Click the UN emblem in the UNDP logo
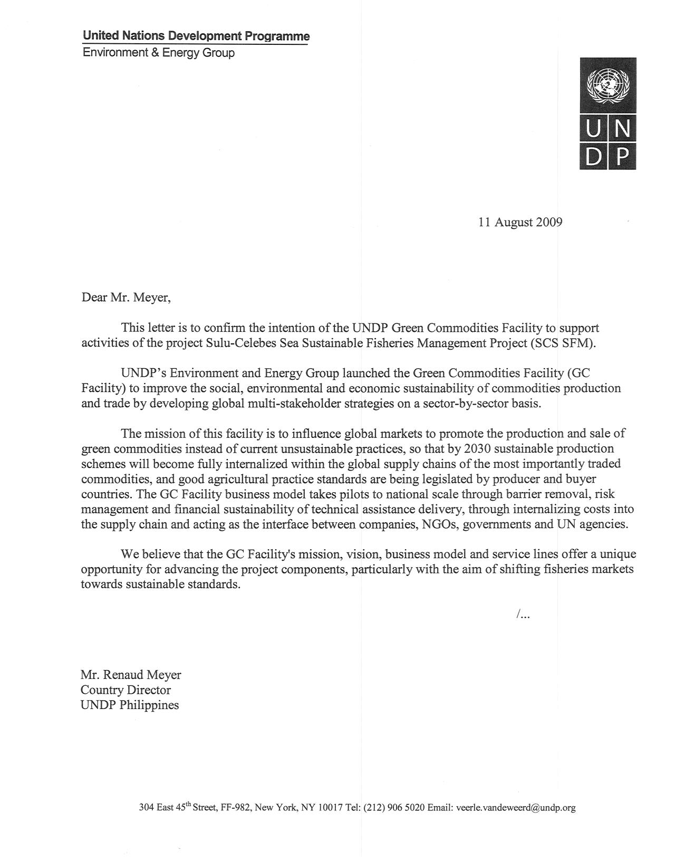607,84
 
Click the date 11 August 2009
520,222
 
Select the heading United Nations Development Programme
196,36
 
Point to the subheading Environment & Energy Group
159,53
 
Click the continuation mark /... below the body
523,614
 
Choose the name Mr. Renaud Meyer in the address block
131,675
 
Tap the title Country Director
126,690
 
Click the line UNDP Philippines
130,705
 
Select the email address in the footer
515,808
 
